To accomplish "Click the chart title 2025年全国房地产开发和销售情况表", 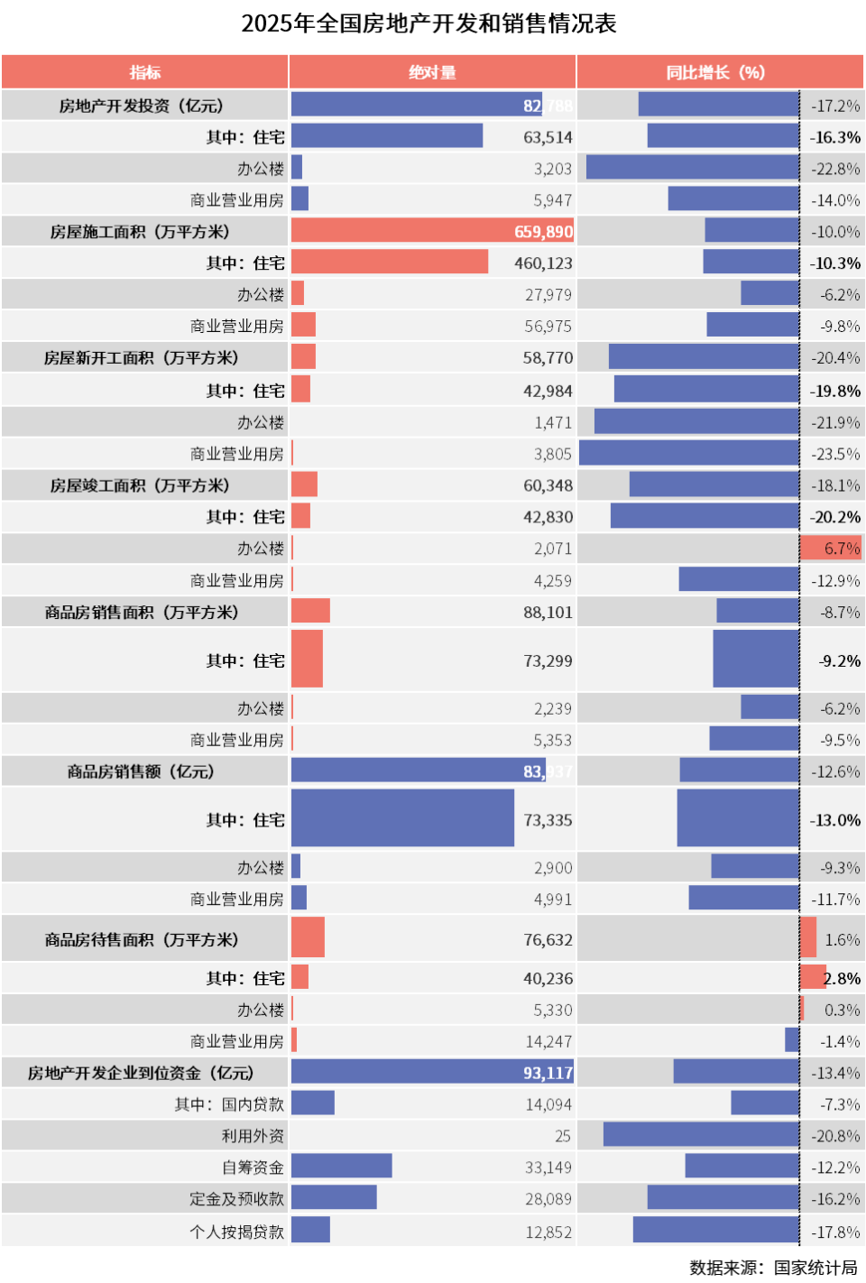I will pos(429,23).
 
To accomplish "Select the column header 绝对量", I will pos(432,72).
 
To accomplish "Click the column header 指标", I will pos(144,72).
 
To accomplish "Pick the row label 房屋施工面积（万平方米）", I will pos(140,232).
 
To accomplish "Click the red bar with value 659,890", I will pos(432,232).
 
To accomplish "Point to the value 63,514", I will pos(548,137).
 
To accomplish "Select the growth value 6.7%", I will pos(842,549).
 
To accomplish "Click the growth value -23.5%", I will pos(835,454).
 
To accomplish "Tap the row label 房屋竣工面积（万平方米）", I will pos(140,485).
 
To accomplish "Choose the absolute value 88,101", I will pos(548,613).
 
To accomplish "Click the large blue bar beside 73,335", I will pos(402,818).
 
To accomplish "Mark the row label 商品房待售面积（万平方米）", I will pos(142,940).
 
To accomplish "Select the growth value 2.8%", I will pos(842,979).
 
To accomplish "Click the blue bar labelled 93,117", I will pos(432,1072).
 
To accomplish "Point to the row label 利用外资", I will pos(253,1136).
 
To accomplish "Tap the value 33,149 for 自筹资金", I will pos(548,1168).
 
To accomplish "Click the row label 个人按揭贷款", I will pos(237,1232).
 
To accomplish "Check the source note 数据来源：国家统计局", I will pos(773,1268).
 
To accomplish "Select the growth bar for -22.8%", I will pos(693,168).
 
